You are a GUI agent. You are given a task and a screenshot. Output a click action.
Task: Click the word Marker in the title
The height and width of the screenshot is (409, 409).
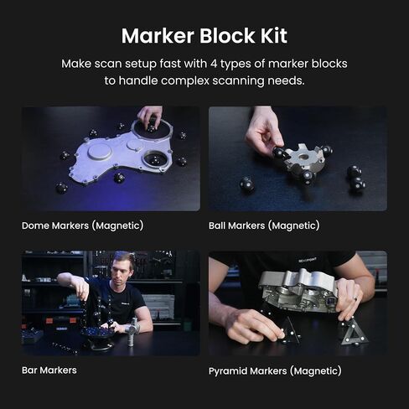point(158,36)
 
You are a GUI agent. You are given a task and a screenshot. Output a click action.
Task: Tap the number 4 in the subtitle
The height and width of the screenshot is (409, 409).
point(214,64)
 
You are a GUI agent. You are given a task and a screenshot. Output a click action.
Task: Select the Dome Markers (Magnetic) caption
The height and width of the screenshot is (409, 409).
point(82,225)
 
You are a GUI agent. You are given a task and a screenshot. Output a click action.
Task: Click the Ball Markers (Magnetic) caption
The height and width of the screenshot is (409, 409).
point(264,225)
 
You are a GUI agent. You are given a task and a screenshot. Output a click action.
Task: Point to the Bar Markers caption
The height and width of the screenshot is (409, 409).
point(49,370)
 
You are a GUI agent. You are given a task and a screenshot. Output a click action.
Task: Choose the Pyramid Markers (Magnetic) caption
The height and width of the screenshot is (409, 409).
point(275,371)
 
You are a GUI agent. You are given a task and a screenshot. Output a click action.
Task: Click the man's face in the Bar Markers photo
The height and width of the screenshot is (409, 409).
point(122,270)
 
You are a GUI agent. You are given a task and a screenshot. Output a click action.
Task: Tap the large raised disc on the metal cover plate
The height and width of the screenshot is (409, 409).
point(100,152)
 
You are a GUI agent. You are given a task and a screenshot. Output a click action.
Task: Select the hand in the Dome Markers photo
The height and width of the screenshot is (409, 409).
point(150,116)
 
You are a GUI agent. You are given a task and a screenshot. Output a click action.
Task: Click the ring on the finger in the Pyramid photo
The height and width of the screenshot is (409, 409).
point(355,299)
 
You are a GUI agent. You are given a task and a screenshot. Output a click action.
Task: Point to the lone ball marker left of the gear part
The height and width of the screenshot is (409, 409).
point(247,184)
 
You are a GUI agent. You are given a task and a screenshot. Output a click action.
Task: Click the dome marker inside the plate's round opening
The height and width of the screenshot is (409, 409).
point(155,160)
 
